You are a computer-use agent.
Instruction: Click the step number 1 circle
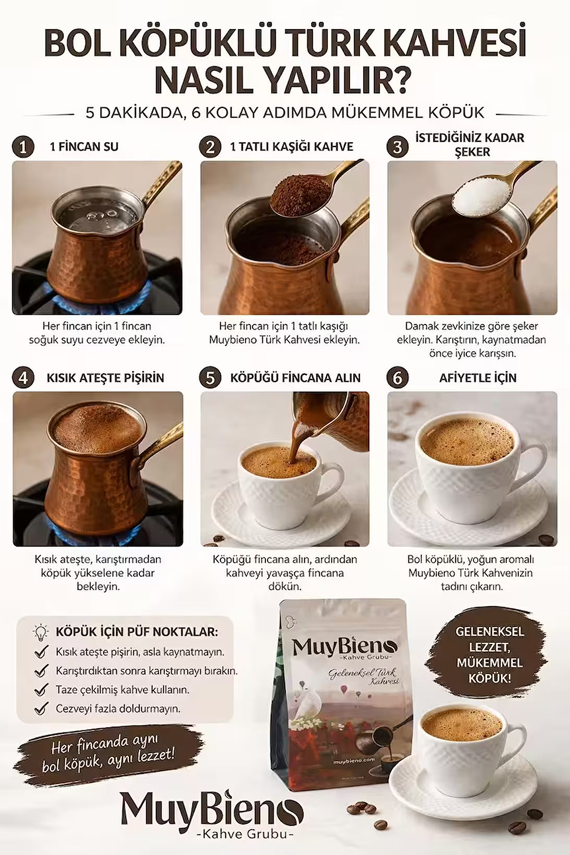point(23,147)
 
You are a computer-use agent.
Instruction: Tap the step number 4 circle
point(23,378)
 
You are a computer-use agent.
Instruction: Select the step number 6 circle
point(397,378)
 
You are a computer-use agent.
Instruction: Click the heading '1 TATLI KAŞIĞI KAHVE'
point(292,147)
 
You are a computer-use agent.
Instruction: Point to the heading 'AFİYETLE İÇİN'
point(478,378)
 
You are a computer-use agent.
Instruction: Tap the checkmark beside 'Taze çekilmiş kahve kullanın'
point(41,689)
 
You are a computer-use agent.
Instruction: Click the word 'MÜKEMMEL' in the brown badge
point(489,663)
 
